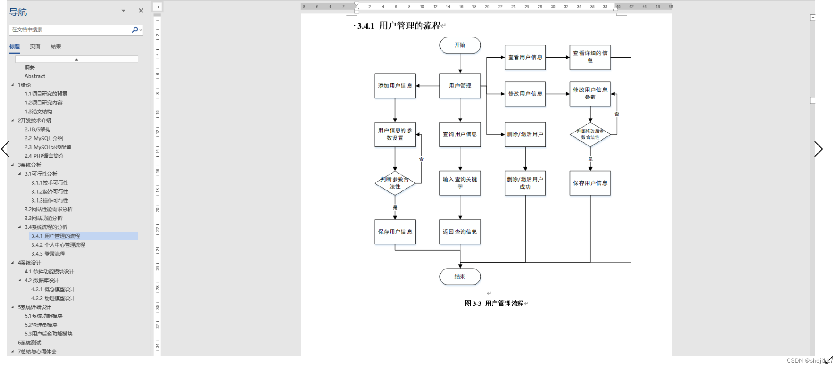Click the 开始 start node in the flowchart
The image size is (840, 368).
(x=460, y=45)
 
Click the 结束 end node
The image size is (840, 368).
(x=460, y=277)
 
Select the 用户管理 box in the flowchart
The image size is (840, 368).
(x=460, y=86)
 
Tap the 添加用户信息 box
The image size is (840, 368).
(x=395, y=86)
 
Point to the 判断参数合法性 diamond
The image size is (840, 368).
(x=395, y=183)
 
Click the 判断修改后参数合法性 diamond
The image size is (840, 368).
(x=590, y=134)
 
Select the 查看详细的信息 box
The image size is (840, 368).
(x=590, y=57)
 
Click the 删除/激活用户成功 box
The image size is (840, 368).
(x=525, y=183)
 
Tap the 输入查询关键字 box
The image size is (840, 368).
(x=460, y=183)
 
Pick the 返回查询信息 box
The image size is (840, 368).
(x=460, y=232)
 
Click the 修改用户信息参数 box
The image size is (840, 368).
(x=590, y=94)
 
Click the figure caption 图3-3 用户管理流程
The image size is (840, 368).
(x=494, y=303)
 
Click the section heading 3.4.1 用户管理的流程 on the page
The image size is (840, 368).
(x=399, y=26)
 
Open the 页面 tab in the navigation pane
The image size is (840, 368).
(x=35, y=46)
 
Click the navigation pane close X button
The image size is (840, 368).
(x=141, y=11)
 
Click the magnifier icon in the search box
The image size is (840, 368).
(x=135, y=29)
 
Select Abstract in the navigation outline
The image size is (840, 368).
(x=35, y=76)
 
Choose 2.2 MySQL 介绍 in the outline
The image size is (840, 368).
(x=44, y=138)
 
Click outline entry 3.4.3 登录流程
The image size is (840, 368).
(x=48, y=254)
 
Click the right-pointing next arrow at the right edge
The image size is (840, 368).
(x=818, y=149)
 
